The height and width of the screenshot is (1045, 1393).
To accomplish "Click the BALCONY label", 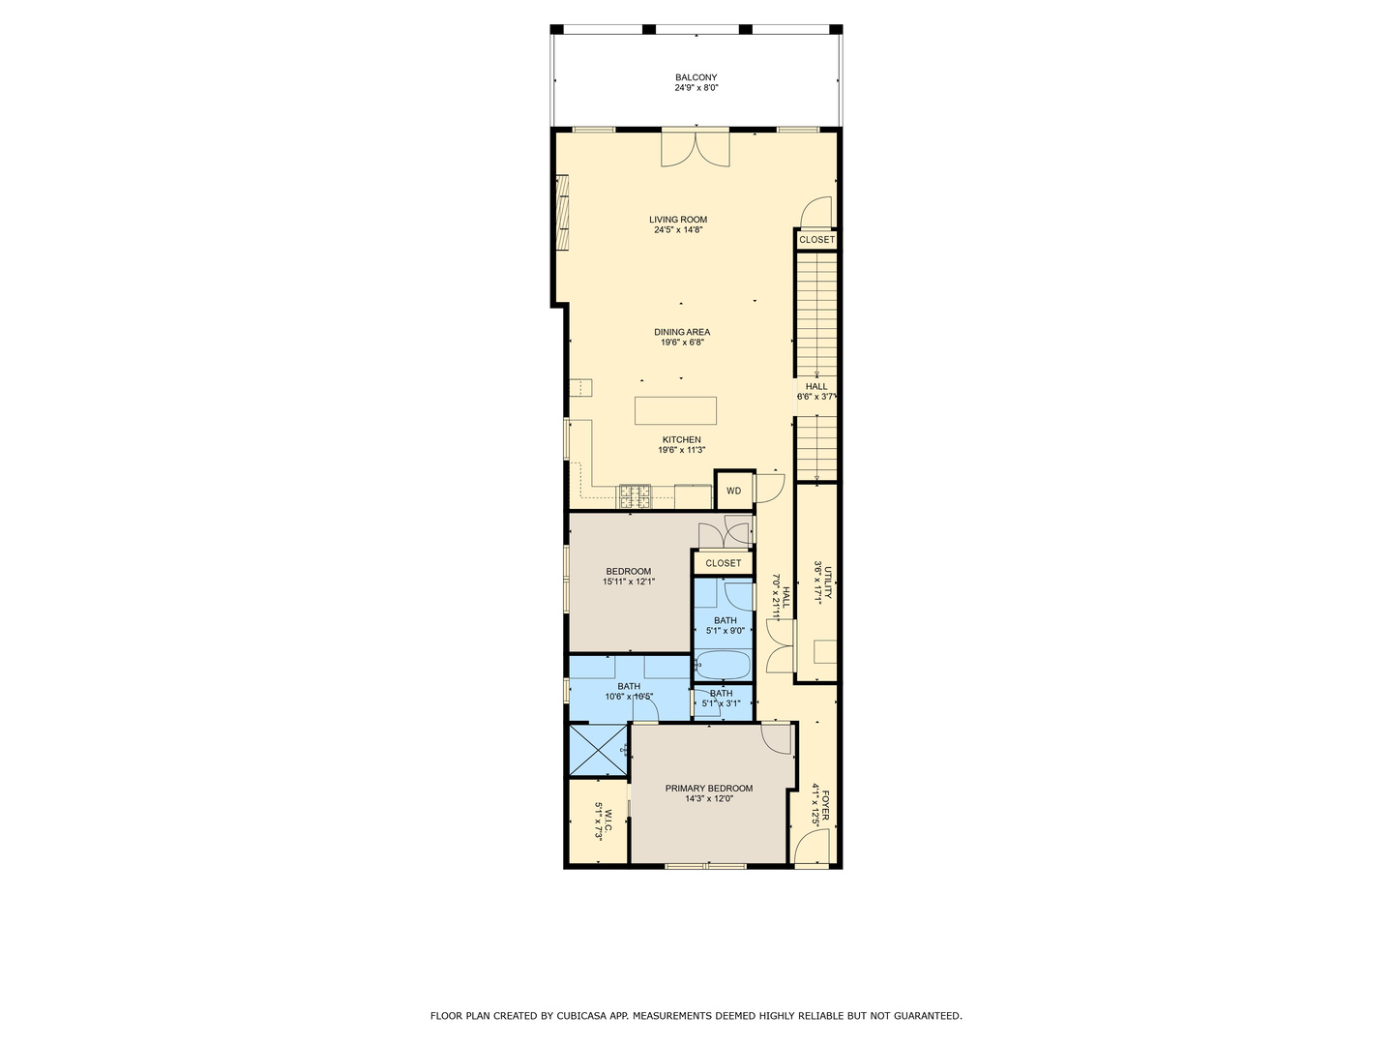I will coord(696,77).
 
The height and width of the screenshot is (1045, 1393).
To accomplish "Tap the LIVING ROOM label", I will coord(677,220).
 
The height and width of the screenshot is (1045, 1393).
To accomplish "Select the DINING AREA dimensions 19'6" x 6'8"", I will coord(682,343).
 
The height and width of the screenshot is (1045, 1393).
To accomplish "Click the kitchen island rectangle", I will coord(675,410).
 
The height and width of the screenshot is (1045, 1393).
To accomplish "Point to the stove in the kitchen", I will coord(636,496).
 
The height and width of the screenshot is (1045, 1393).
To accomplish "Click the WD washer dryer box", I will coord(733,491).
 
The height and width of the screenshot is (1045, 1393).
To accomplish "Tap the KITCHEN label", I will coord(681,440).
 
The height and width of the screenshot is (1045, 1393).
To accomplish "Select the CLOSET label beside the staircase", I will coord(816,240).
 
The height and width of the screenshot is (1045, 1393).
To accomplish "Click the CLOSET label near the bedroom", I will coord(723,563).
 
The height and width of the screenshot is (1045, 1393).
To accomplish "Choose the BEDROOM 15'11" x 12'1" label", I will coord(629,572).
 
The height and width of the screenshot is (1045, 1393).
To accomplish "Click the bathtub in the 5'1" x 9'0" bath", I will coord(723,665).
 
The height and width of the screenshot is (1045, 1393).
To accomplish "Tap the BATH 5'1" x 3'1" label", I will coord(722,694).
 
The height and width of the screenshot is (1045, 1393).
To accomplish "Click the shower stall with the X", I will coord(598,750).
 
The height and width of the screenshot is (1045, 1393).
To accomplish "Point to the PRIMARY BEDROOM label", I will coord(708,789).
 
